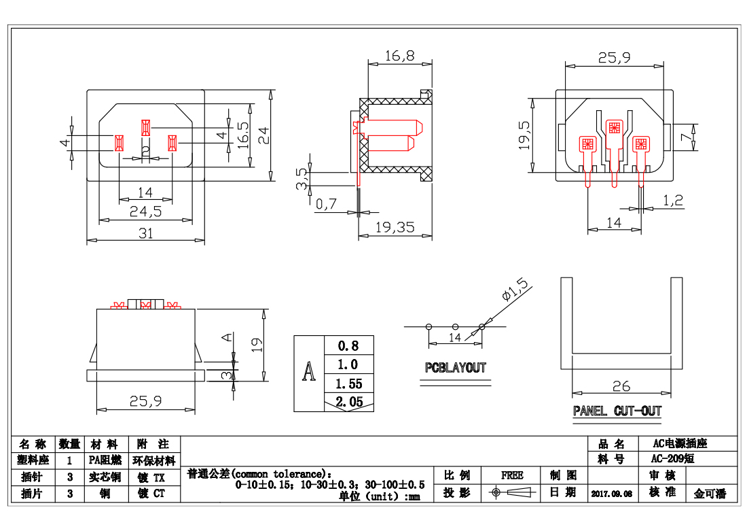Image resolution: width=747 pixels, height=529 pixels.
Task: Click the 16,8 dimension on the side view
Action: pyautogui.click(x=399, y=56)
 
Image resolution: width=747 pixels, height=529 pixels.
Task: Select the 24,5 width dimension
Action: pyautogui.click(x=145, y=211)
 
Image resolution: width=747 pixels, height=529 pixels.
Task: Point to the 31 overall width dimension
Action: pyautogui.click(x=145, y=233)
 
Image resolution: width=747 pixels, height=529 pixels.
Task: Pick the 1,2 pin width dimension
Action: pyautogui.click(x=672, y=200)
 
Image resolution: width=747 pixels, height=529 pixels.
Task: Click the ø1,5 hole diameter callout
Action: pyautogui.click(x=513, y=290)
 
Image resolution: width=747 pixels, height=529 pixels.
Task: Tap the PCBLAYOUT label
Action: pyautogui.click(x=456, y=368)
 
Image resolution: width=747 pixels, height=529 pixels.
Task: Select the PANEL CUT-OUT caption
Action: pyautogui.click(x=617, y=411)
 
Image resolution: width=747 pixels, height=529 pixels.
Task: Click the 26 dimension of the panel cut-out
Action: pyautogui.click(x=621, y=386)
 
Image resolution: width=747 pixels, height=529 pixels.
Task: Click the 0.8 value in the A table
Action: pyautogui.click(x=348, y=345)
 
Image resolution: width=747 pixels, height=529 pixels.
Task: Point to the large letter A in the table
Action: pyautogui.click(x=310, y=373)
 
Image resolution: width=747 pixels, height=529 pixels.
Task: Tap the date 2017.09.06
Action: pyautogui.click(x=611, y=494)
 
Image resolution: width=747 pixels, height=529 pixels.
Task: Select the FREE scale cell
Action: pyautogui.click(x=512, y=475)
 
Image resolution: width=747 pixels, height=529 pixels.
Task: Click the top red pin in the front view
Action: pyautogui.click(x=145, y=127)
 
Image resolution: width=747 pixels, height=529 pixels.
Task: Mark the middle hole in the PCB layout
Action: pyautogui.click(x=456, y=327)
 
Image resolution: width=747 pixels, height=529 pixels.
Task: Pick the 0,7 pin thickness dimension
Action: pyautogui.click(x=327, y=203)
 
